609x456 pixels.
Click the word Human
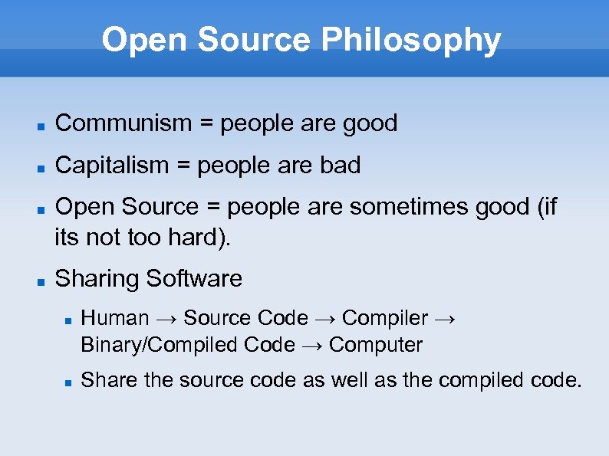(x=114, y=318)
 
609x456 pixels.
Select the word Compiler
(x=385, y=318)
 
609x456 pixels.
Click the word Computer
(x=375, y=345)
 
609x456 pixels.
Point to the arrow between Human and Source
(x=166, y=319)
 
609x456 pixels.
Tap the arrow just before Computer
(x=311, y=346)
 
